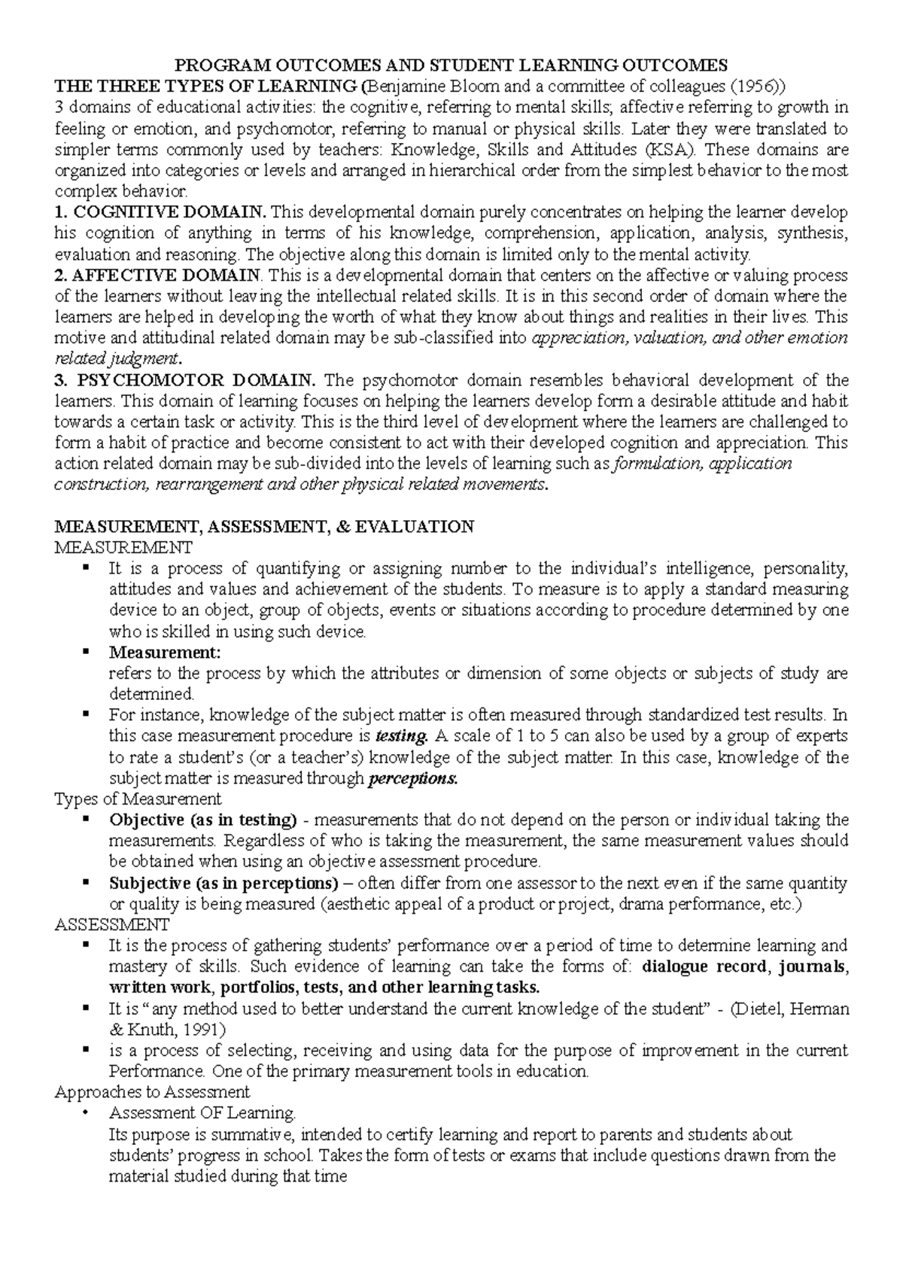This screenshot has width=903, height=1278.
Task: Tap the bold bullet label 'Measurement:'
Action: tap(166, 652)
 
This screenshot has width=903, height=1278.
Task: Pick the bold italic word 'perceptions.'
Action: tap(412, 779)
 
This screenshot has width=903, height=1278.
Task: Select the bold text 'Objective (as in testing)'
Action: tap(203, 820)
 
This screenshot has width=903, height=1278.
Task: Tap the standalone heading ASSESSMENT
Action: tap(113, 924)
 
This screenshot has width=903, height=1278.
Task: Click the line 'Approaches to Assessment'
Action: tap(153, 1091)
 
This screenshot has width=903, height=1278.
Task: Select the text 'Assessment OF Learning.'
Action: tap(202, 1112)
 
